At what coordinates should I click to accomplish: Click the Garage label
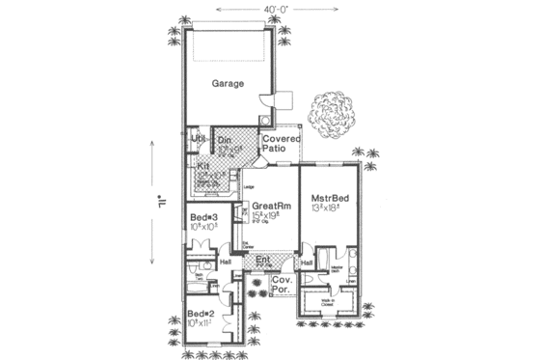pyautogui.click(x=229, y=84)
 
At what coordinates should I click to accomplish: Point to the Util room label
pyautogui.click(x=199, y=141)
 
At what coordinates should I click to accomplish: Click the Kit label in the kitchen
pyautogui.click(x=203, y=166)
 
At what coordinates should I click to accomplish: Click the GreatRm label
pyautogui.click(x=269, y=206)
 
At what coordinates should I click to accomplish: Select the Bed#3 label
pyautogui.click(x=202, y=216)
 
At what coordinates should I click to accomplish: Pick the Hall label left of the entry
pyautogui.click(x=226, y=263)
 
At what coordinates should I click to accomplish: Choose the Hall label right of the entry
pyautogui.click(x=307, y=263)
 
